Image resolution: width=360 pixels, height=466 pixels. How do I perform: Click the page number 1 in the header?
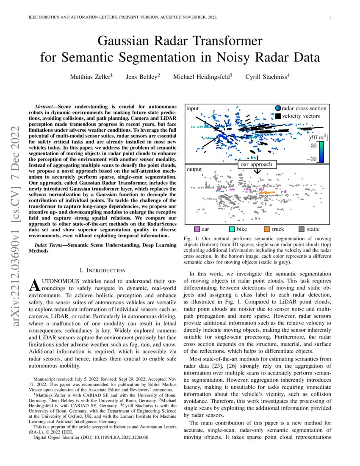[329, 17]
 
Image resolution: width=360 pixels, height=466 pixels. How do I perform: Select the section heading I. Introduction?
[102, 270]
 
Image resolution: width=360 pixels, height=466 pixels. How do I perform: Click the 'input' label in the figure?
[192, 108]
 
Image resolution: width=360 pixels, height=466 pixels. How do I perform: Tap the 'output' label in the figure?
[194, 169]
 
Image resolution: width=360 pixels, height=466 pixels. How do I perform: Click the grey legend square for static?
[302, 230]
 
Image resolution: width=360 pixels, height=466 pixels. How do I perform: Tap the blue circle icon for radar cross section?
[278, 108]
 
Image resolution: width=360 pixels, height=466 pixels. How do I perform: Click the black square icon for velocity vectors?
[278, 116]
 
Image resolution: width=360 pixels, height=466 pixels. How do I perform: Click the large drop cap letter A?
[37, 285]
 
